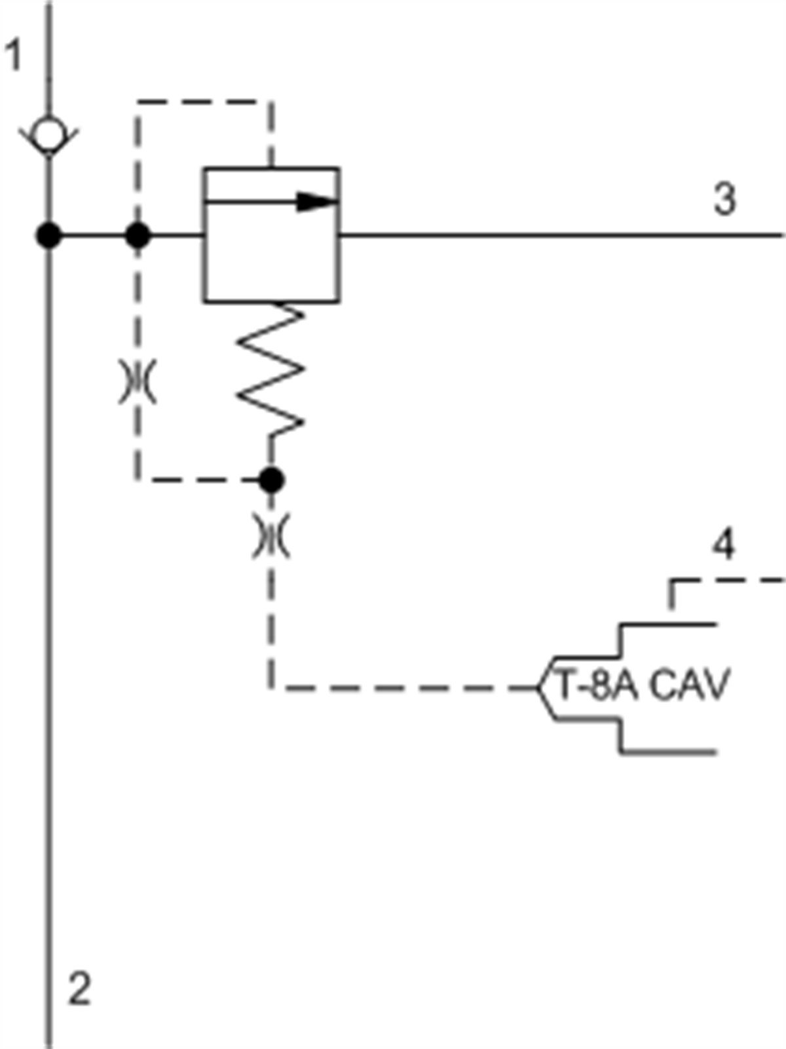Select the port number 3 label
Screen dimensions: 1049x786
click(x=724, y=199)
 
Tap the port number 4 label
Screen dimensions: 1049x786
click(x=723, y=546)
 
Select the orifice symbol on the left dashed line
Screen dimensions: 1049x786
click(x=137, y=381)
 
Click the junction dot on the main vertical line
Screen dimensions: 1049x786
click(x=48, y=235)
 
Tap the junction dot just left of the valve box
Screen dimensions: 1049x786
click(x=137, y=235)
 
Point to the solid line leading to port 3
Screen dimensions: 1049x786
click(x=557, y=235)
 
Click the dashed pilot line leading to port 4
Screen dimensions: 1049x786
click(x=727, y=581)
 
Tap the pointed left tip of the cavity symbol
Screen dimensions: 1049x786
click(x=540, y=687)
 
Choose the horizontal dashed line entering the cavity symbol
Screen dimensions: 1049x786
click(x=406, y=687)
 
